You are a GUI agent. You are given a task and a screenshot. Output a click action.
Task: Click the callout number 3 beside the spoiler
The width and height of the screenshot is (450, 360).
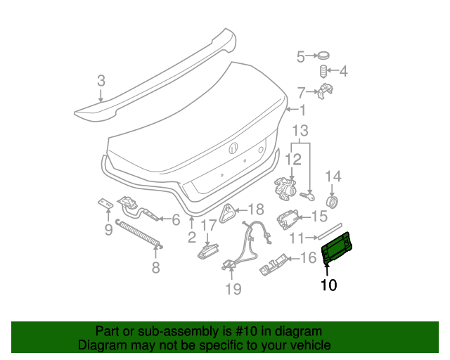pos(101,82)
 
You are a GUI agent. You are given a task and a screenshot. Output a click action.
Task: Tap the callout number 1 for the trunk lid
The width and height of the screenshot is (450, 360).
pos(302,110)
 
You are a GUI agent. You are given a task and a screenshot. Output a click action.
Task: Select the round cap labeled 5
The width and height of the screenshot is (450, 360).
pos(323,56)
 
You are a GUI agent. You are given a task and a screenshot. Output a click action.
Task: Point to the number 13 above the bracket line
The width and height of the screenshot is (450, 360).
pos(300,131)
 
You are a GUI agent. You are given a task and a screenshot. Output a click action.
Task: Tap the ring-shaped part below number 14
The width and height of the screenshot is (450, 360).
pos(334,202)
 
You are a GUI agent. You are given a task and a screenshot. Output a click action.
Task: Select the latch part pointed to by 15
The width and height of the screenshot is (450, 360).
pos(286,218)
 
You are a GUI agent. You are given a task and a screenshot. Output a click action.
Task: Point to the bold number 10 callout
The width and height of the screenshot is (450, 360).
pos(328,285)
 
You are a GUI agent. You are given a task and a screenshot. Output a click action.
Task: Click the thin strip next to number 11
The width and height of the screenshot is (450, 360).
pos(329,232)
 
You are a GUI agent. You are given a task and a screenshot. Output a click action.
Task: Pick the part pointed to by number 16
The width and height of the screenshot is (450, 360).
pos(274,264)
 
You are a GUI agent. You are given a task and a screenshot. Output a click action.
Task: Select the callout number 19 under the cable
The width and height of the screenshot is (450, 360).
pos(233,288)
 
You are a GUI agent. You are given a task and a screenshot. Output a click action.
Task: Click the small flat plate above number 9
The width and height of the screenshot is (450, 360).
pos(104,204)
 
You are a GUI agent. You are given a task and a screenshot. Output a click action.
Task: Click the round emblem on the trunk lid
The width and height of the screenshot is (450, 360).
pos(233,148)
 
